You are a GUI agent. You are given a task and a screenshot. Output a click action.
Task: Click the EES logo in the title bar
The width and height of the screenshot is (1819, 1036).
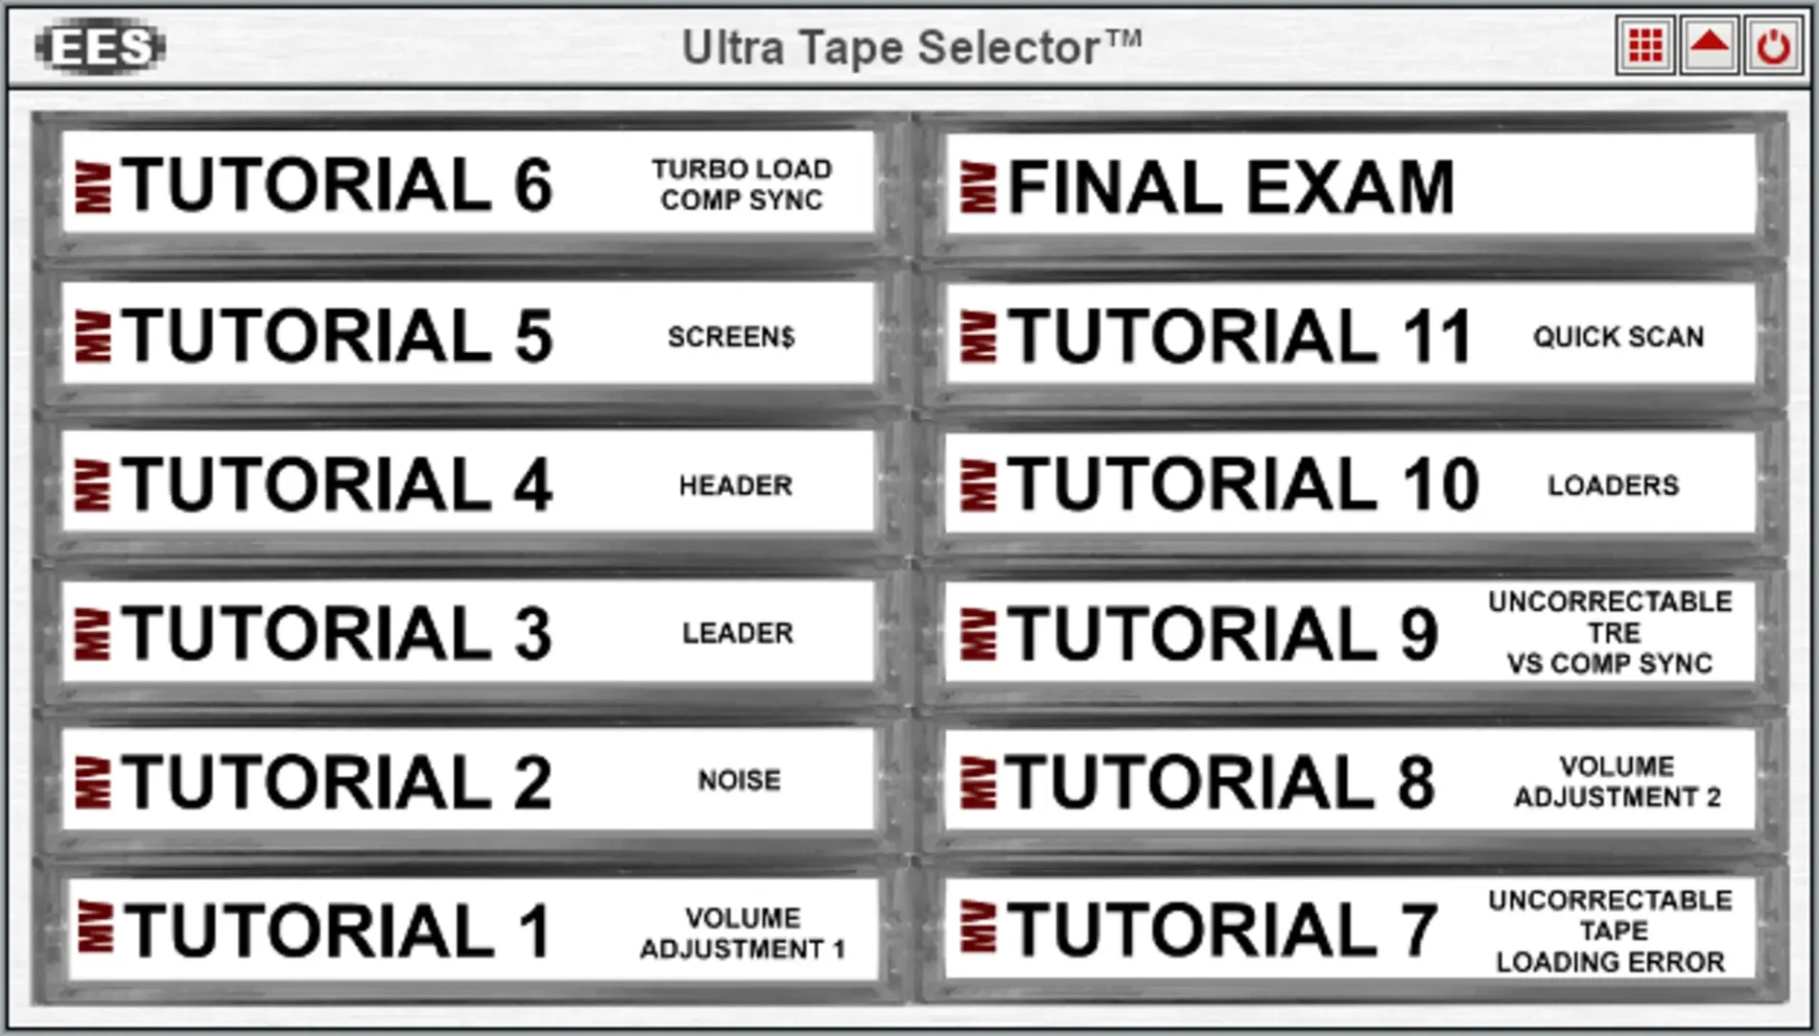pyautogui.click(x=101, y=46)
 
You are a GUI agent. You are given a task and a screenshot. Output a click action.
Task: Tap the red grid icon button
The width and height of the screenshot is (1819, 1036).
pyautogui.click(x=1645, y=45)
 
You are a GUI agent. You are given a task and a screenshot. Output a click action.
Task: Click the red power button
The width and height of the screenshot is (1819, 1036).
pyautogui.click(x=1772, y=45)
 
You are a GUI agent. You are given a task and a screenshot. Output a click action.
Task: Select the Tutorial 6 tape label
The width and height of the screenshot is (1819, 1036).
pyautogui.click(x=468, y=183)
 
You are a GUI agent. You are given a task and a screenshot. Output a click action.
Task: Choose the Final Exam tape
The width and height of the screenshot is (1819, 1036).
pyautogui.click(x=1350, y=185)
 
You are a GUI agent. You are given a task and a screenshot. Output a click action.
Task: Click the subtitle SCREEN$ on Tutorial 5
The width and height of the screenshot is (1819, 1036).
pyautogui.click(x=731, y=337)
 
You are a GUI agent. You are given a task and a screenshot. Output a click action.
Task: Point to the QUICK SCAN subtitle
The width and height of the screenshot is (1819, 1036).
pyautogui.click(x=1618, y=337)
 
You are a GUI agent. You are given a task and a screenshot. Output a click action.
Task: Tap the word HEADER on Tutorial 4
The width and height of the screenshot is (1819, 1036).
pyautogui.click(x=736, y=485)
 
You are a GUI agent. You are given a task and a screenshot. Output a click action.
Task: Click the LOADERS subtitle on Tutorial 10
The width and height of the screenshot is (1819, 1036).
pyautogui.click(x=1614, y=485)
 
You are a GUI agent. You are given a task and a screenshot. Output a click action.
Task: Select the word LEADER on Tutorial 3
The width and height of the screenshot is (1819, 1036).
pyautogui.click(x=738, y=633)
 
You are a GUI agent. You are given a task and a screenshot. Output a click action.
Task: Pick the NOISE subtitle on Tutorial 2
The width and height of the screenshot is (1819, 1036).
pyautogui.click(x=740, y=780)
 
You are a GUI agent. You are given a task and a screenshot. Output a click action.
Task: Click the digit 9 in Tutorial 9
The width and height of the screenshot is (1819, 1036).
pyautogui.click(x=1419, y=634)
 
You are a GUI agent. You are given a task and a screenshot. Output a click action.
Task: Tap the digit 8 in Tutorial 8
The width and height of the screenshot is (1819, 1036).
pyautogui.click(x=1416, y=782)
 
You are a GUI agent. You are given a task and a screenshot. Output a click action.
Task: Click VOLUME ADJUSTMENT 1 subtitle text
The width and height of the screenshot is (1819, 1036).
pyautogui.click(x=743, y=933)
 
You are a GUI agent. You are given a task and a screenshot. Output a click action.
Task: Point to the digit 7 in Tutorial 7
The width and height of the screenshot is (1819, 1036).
pyautogui.click(x=1419, y=930)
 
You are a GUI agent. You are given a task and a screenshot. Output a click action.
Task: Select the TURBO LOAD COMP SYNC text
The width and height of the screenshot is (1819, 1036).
pyautogui.click(x=742, y=184)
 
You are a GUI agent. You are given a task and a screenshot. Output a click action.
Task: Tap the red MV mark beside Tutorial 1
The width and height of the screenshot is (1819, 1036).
pyautogui.click(x=94, y=929)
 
